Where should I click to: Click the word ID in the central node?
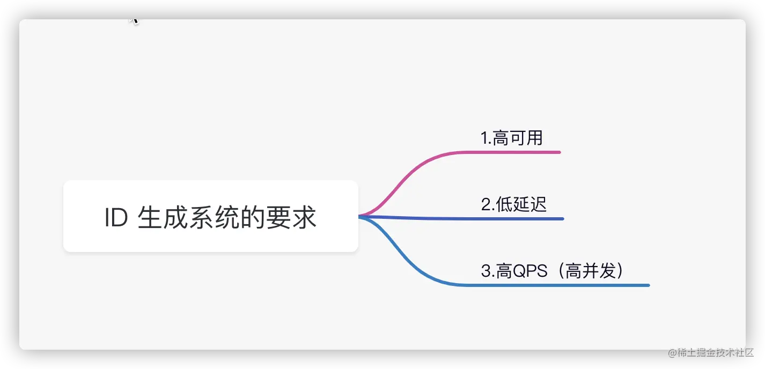click(115, 218)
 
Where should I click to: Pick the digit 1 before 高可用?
click(484, 138)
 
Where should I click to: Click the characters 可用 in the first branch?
click(526, 138)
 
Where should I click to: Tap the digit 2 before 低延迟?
click(485, 204)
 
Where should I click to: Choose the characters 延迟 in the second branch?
click(530, 204)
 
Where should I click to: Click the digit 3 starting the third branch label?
click(485, 271)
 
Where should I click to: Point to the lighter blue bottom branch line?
click(536, 285)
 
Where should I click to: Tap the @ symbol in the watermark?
click(671, 352)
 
